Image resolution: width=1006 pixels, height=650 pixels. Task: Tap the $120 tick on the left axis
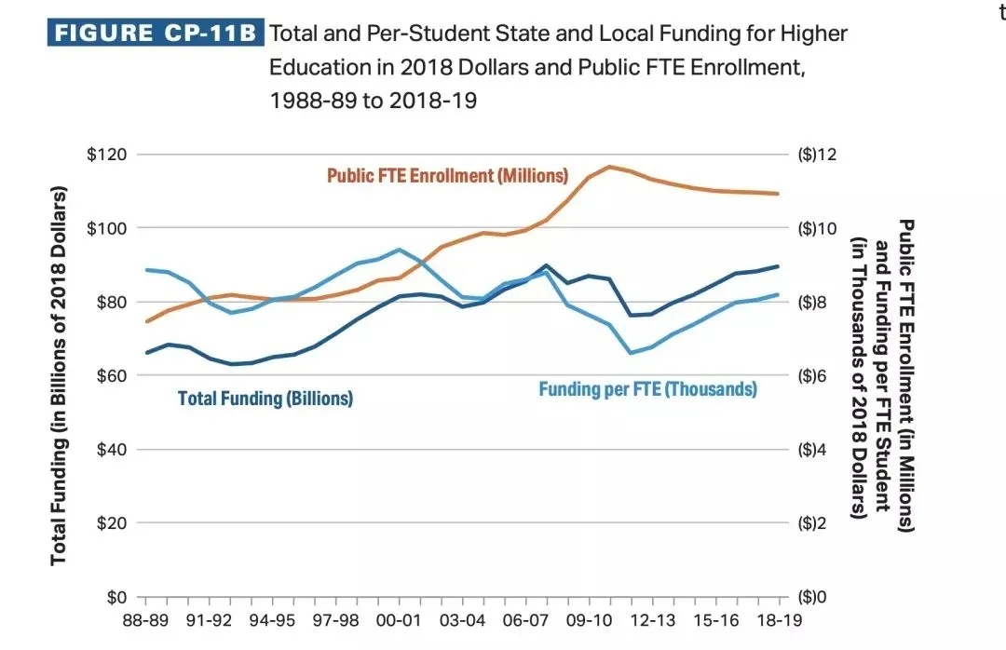click(106, 155)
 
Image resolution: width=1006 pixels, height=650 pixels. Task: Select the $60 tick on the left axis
click(110, 375)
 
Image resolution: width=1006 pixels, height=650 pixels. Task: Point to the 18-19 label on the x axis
click(779, 620)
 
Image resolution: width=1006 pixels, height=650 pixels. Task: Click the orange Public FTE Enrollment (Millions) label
click(447, 176)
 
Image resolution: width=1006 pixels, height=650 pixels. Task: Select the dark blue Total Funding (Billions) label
click(265, 399)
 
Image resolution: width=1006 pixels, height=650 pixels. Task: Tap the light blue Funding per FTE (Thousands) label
click(647, 389)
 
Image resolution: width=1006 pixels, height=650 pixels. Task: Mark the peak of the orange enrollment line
click(609, 167)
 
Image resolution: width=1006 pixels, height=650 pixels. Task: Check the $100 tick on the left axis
click(106, 228)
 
